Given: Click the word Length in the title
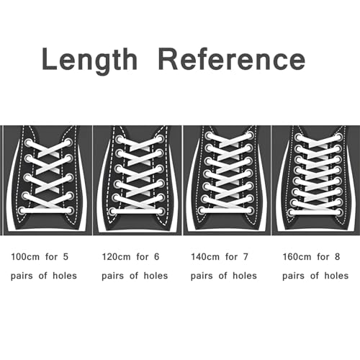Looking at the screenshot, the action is pyautogui.click(x=90, y=60).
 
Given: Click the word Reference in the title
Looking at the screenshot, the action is pyautogui.click(x=232, y=59).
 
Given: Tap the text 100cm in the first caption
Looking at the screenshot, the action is pyautogui.click(x=25, y=257).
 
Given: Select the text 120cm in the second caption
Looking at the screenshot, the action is pyautogui.click(x=117, y=257).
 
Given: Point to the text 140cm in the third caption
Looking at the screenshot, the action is pyautogui.click(x=205, y=257).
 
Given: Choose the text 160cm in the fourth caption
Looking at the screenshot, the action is pyautogui.click(x=297, y=257).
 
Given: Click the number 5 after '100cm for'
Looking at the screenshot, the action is pyautogui.click(x=66, y=257).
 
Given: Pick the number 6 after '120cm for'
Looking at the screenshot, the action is pyautogui.click(x=157, y=257).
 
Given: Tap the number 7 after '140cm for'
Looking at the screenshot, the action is pyautogui.click(x=246, y=257).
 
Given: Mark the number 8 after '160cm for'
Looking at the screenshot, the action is pyautogui.click(x=337, y=257).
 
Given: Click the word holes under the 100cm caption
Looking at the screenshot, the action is pyautogui.click(x=65, y=276).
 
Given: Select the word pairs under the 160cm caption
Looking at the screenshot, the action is pyautogui.click(x=293, y=276).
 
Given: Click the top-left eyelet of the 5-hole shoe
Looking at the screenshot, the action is pyautogui.click(x=28, y=143).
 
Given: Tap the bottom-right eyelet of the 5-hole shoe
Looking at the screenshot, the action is pyautogui.click(x=70, y=211).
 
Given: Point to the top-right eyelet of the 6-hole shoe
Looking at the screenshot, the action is pyautogui.click(x=161, y=139).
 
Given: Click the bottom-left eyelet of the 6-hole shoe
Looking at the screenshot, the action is pyautogui.click(x=112, y=212).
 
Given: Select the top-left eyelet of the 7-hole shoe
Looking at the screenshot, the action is pyautogui.click(x=208, y=136).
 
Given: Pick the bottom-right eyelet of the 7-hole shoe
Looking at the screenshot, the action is pyautogui.click(x=251, y=211).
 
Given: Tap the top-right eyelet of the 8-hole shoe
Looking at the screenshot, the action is pyautogui.click(x=339, y=138).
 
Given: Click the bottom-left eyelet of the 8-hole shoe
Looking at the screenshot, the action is pyautogui.click(x=292, y=212).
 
